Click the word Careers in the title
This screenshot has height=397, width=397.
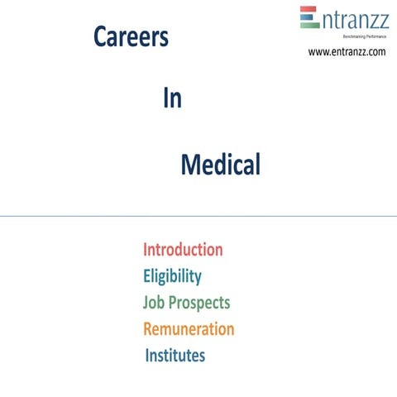(x=131, y=37)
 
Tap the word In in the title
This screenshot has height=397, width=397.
(x=172, y=98)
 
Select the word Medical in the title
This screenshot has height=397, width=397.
(x=220, y=165)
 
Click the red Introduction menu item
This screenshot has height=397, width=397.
(x=183, y=249)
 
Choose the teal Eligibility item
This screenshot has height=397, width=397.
(x=172, y=275)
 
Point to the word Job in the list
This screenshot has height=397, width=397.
(x=155, y=303)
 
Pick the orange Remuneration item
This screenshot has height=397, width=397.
(x=189, y=328)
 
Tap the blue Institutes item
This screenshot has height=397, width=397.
(x=175, y=356)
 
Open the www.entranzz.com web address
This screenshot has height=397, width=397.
(x=347, y=52)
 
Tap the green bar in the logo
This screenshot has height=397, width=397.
(x=309, y=25)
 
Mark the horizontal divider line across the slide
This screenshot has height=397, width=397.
(x=198, y=217)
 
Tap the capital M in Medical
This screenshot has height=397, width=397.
(x=190, y=165)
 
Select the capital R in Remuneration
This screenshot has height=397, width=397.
(x=148, y=328)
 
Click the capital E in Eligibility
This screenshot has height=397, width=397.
(x=147, y=275)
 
